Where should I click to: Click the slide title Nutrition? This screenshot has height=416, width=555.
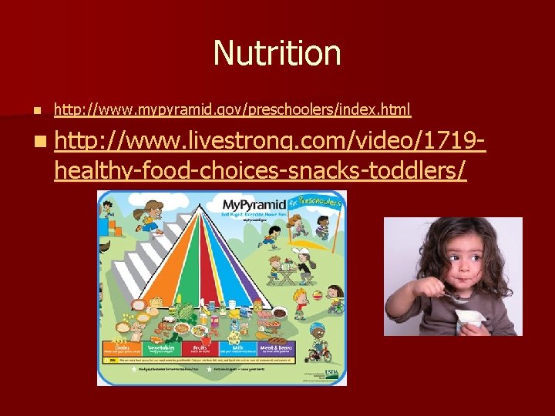click(277, 53)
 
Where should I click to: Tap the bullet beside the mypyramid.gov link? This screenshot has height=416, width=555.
click(25, 111)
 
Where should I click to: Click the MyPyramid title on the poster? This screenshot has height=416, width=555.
click(249, 205)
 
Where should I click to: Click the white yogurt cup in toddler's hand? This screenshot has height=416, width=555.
click(469, 319)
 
